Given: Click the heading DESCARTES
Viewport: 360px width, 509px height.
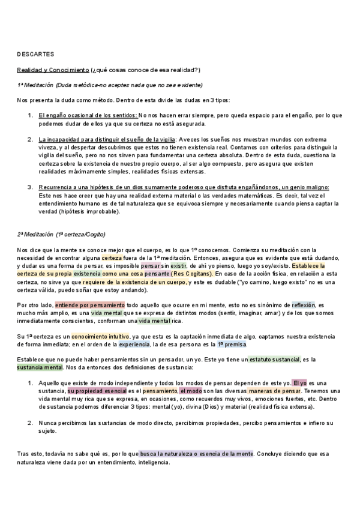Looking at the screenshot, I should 36,53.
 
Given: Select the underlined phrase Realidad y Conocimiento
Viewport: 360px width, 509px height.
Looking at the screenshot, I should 52,70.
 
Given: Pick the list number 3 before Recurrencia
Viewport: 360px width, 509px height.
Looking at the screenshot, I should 30,187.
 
